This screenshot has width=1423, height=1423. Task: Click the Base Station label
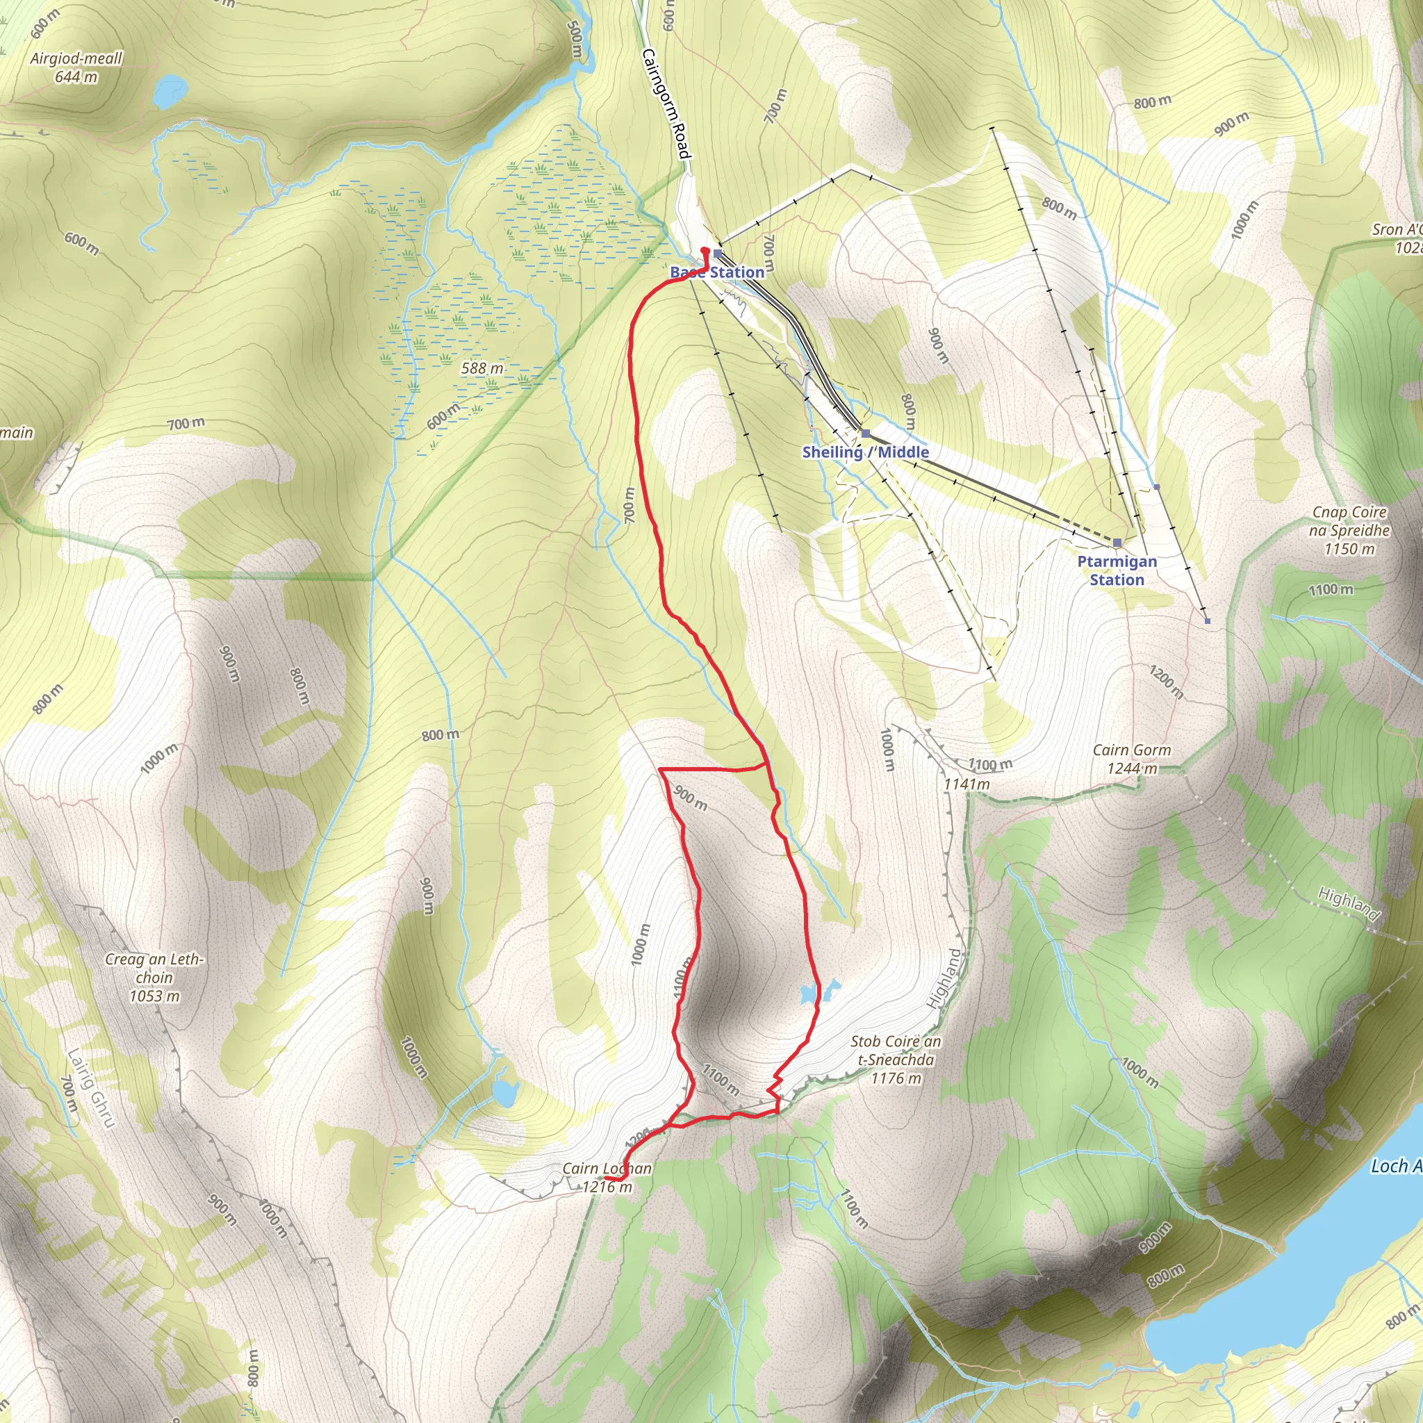click(716, 272)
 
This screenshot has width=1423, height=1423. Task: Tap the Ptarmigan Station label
click(1117, 570)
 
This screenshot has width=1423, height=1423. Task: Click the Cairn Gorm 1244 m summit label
click(1131, 759)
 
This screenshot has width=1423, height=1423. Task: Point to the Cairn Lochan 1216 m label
click(606, 1177)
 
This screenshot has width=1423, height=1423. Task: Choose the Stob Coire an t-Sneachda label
click(896, 1059)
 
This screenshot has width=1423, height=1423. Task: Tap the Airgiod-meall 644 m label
click(76, 67)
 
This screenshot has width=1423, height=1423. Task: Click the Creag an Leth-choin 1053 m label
click(154, 978)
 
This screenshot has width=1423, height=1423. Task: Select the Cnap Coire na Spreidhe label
click(1349, 529)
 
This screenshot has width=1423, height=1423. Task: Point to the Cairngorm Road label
click(666, 103)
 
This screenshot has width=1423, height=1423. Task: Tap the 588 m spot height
click(482, 368)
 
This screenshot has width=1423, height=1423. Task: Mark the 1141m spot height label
click(967, 784)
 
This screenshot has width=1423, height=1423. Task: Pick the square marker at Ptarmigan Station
click(1117, 543)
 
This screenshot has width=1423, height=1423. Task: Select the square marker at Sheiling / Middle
click(866, 434)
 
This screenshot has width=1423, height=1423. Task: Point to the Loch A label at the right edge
click(1395, 1165)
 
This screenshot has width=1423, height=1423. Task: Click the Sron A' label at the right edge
click(1396, 238)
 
